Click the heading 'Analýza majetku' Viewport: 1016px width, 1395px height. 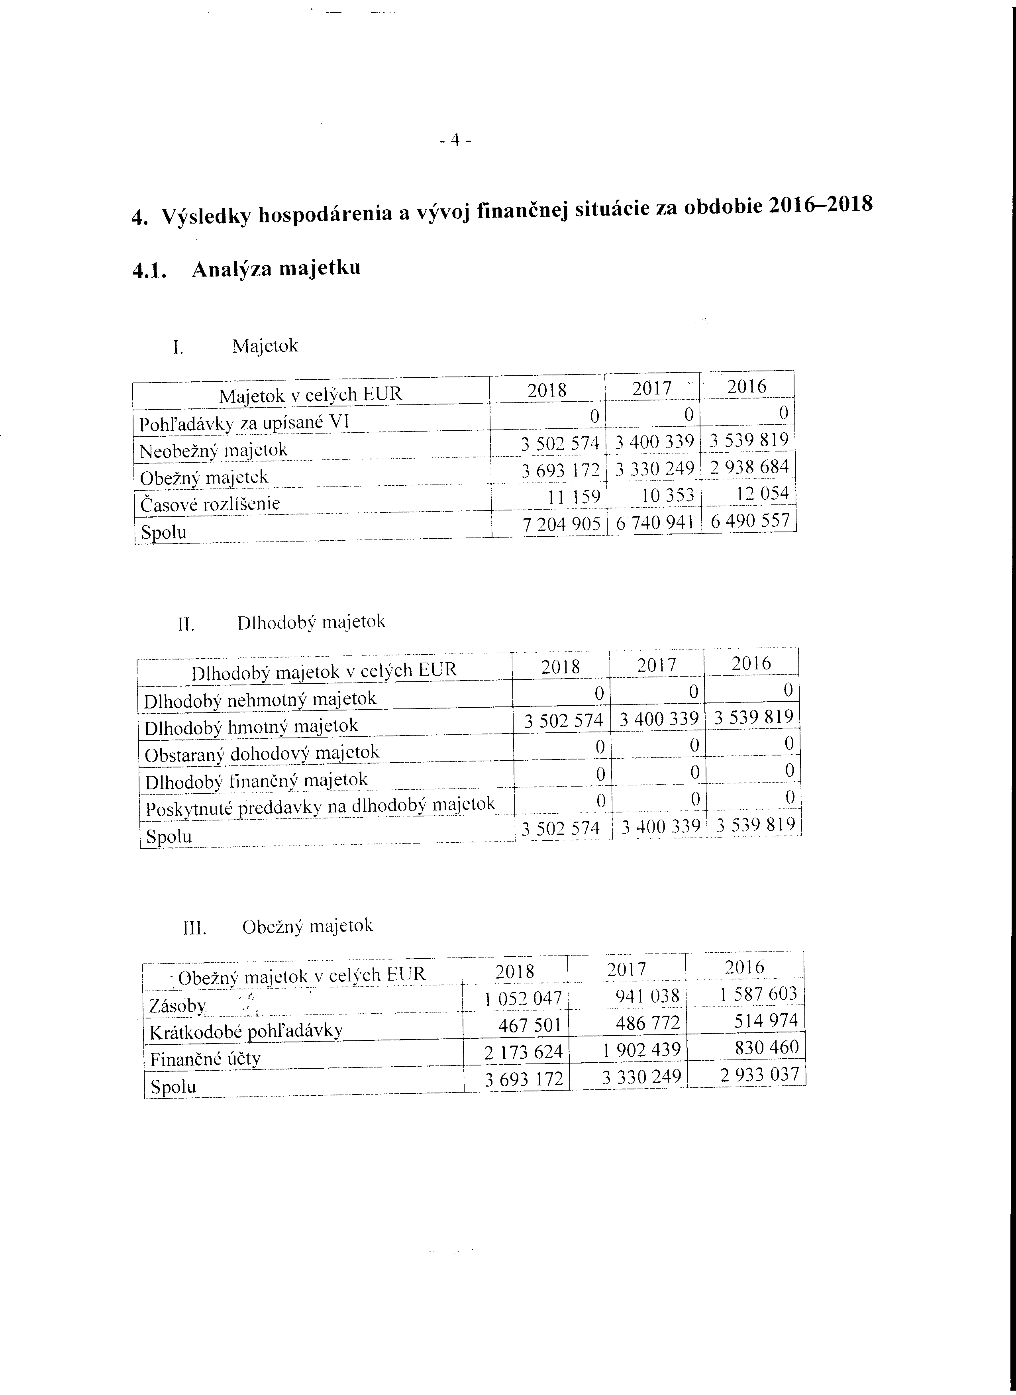[x=276, y=269]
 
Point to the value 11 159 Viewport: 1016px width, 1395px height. [x=574, y=496]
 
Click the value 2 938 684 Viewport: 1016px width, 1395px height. [x=749, y=467]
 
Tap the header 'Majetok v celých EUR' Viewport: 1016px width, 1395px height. [x=311, y=394]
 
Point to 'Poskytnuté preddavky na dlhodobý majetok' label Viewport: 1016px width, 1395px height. [x=320, y=806]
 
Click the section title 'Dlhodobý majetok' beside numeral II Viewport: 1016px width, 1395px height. [x=311, y=622]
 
